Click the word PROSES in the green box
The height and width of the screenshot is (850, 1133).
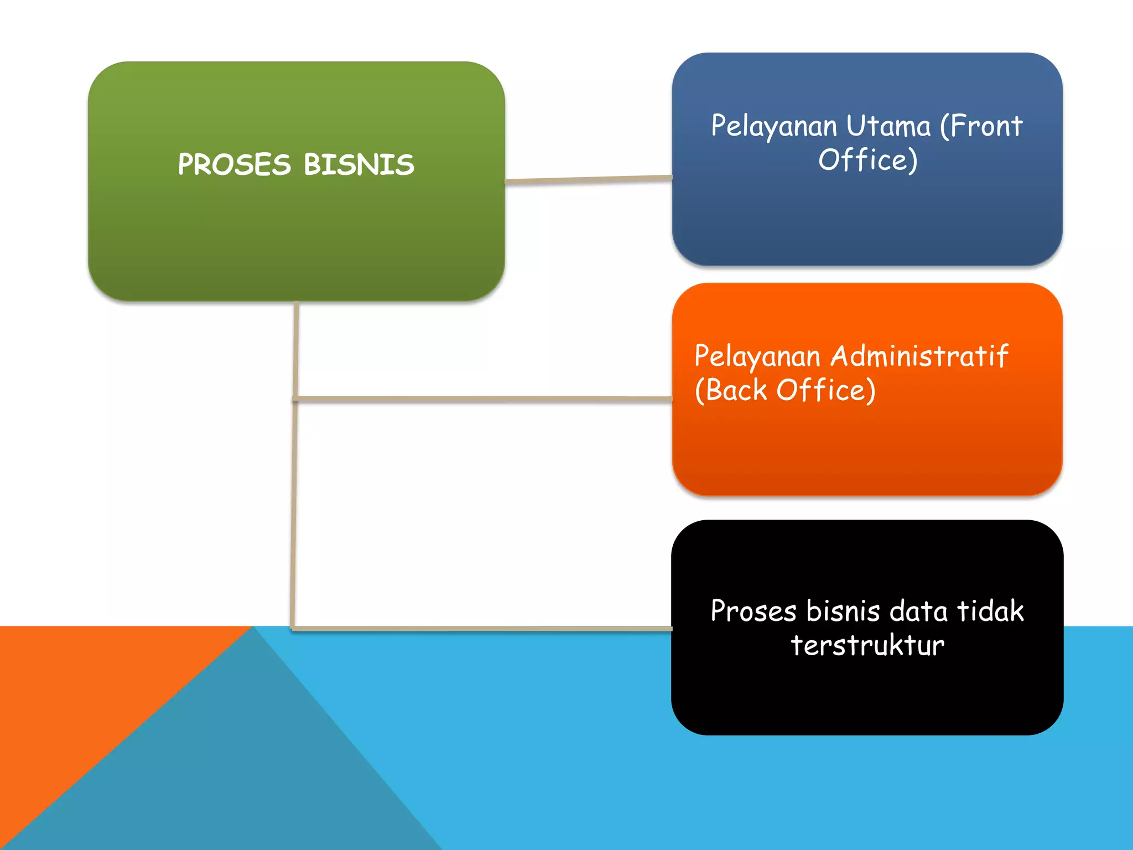pos(234,164)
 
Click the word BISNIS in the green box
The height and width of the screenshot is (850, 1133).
pos(358,164)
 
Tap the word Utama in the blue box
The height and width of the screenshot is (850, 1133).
pos(888,126)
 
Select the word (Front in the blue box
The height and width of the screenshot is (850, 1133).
pos(981,126)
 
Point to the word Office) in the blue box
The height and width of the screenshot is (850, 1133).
pos(867,160)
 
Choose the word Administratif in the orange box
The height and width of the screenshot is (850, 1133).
pos(919,356)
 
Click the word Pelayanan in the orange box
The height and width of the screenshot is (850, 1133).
pos(757,357)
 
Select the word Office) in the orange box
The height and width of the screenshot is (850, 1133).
pos(826,390)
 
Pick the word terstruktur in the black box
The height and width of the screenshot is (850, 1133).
pos(867,645)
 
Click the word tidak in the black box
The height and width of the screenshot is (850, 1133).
pos(990,611)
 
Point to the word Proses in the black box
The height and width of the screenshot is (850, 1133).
pos(753,611)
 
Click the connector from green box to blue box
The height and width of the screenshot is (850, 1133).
pos(588,179)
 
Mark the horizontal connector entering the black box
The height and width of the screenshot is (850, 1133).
pos(481,629)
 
